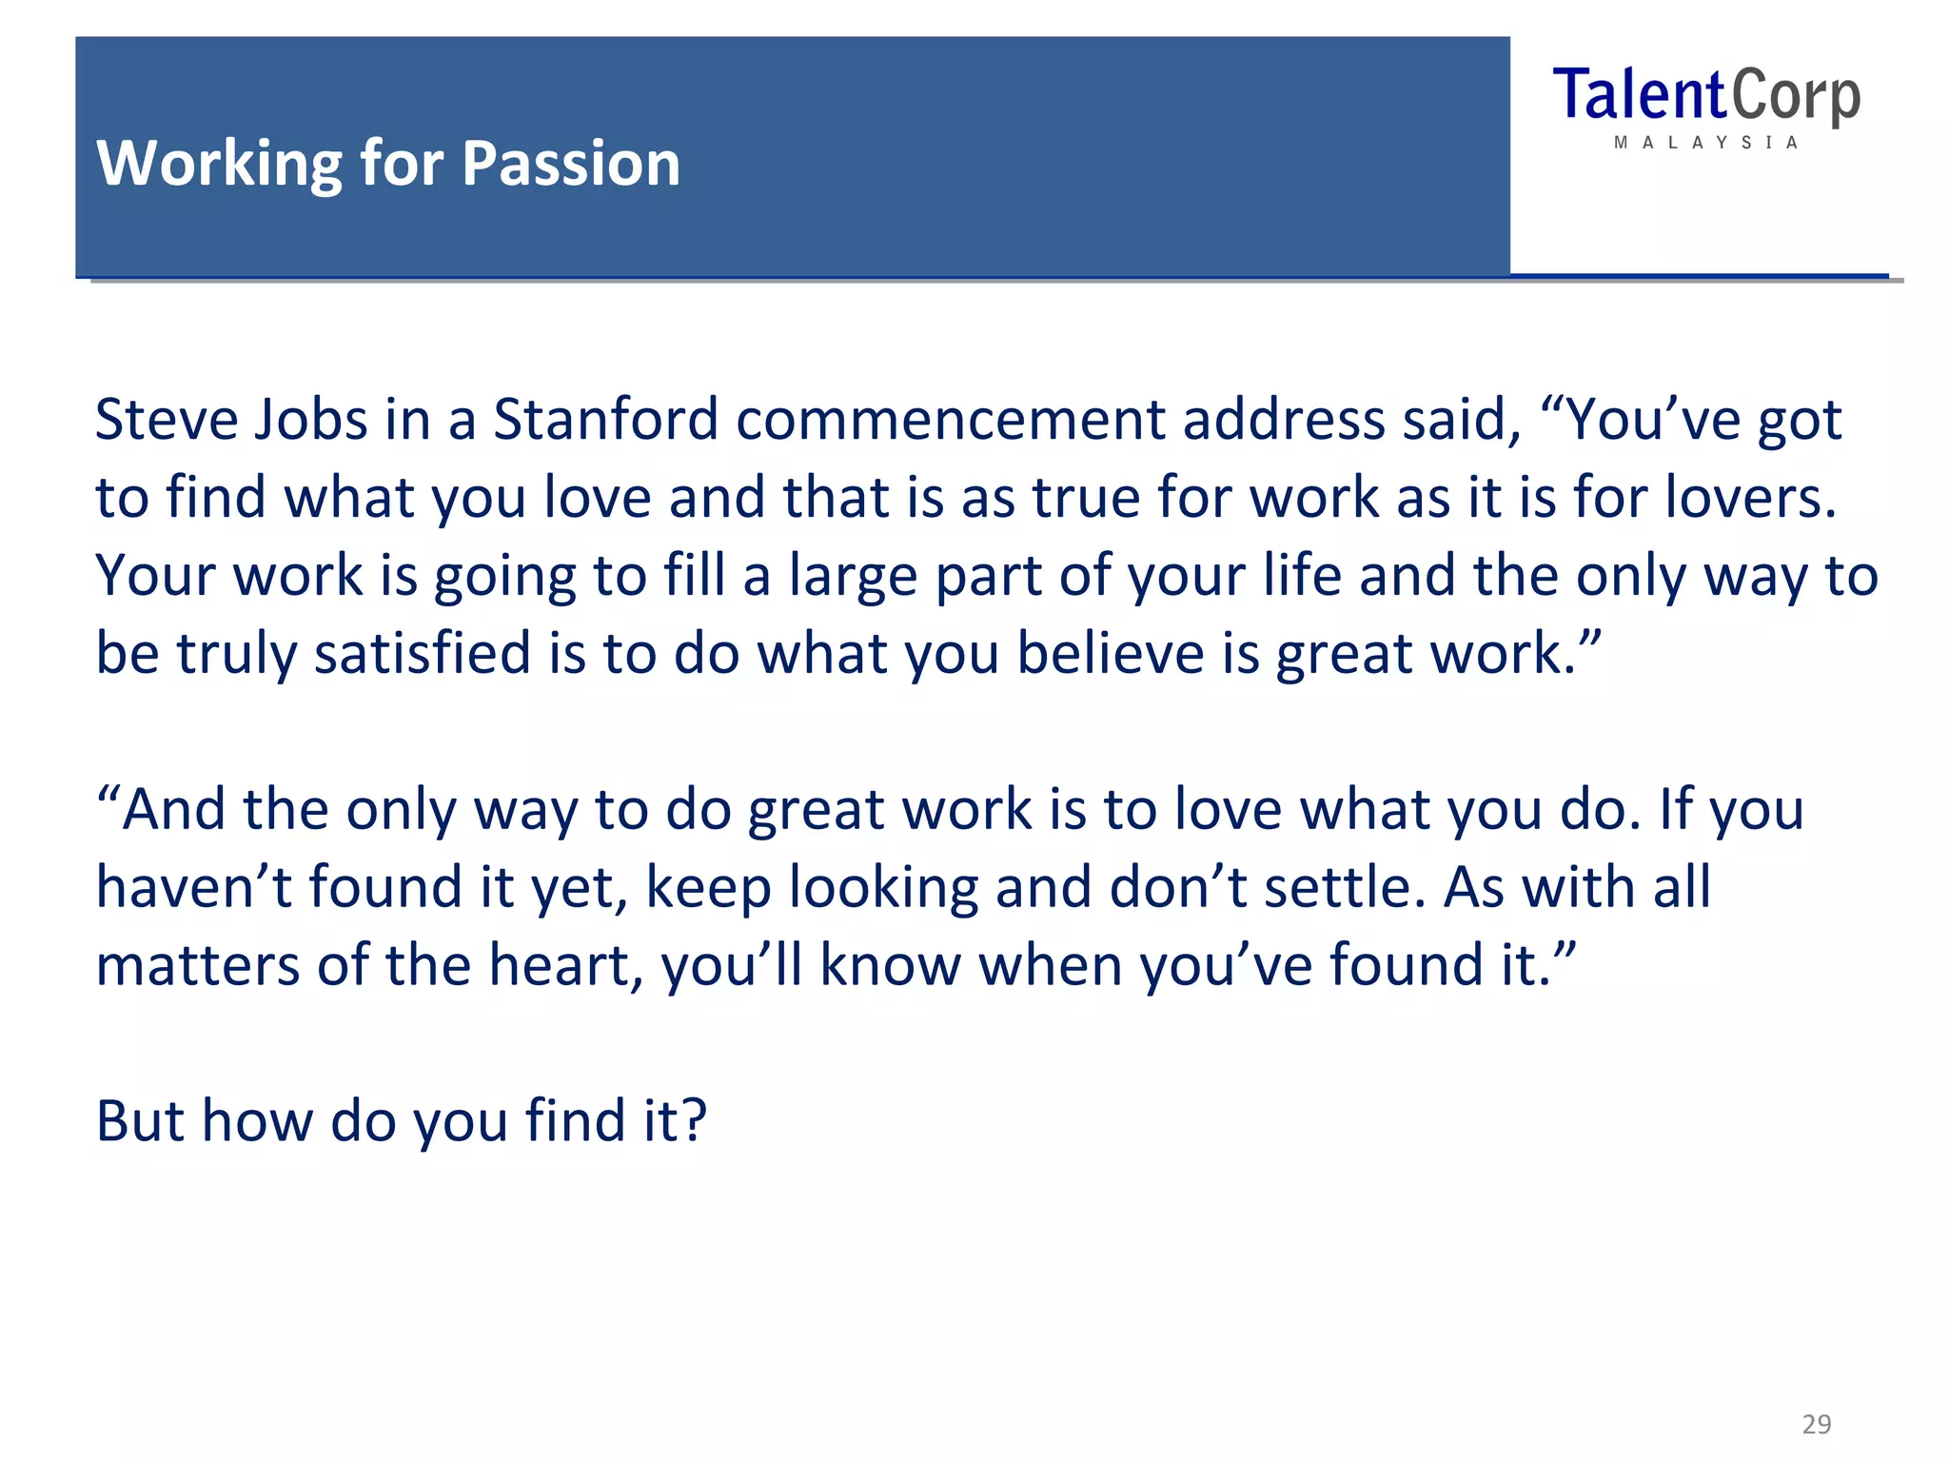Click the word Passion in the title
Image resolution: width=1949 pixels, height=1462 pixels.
(571, 164)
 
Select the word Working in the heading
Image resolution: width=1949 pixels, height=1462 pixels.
(219, 164)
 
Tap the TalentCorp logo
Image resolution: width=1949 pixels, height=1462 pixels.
(1705, 97)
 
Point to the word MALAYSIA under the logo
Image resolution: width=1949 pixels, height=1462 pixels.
(1705, 143)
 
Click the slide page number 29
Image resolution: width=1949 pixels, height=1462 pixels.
(1816, 1424)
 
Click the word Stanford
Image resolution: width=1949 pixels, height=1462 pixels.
(605, 420)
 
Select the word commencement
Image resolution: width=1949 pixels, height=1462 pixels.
(950, 420)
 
